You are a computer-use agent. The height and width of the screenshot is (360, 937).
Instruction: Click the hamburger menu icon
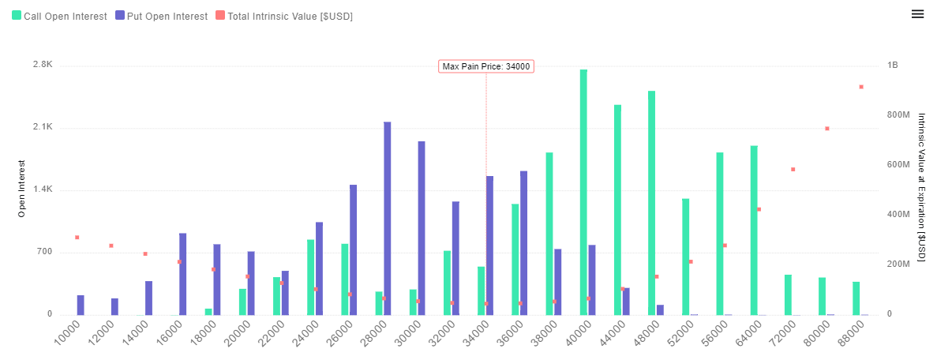(x=917, y=14)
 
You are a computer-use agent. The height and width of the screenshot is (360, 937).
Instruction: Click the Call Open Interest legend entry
(x=59, y=16)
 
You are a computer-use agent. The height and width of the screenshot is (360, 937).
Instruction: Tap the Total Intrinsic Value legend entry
(x=283, y=16)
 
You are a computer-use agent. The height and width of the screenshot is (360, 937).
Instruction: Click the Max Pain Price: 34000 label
(x=486, y=66)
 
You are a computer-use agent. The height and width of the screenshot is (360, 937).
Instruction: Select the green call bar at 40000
(x=583, y=192)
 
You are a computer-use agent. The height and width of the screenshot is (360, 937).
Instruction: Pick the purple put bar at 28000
(x=388, y=218)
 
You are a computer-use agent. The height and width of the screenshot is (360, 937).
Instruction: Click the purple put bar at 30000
(x=422, y=227)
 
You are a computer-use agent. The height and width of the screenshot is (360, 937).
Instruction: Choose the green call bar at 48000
(x=652, y=203)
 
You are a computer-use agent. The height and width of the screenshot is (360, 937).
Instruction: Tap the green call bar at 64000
(x=754, y=230)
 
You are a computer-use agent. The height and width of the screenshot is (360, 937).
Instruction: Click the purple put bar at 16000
(x=183, y=274)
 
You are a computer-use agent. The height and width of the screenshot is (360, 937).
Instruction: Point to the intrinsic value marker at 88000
(x=861, y=87)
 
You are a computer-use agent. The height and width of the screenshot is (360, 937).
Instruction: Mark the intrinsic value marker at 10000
(x=77, y=237)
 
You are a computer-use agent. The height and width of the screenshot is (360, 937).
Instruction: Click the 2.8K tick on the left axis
(x=42, y=66)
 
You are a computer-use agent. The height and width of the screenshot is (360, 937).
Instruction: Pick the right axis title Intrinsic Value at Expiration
(x=921, y=187)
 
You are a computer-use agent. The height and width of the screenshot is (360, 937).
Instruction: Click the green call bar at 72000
(x=788, y=294)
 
